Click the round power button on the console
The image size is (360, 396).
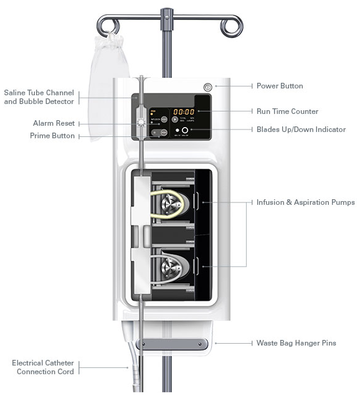(x=207, y=87)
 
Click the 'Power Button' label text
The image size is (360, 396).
(x=280, y=86)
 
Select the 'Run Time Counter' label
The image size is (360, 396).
(x=287, y=111)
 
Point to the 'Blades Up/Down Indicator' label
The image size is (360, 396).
(x=301, y=130)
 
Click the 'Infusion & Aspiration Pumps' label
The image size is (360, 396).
(x=305, y=202)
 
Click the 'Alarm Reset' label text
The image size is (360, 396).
(x=54, y=123)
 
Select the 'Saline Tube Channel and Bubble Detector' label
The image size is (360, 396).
(x=39, y=97)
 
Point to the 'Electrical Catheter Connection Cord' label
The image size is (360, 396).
(x=42, y=367)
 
